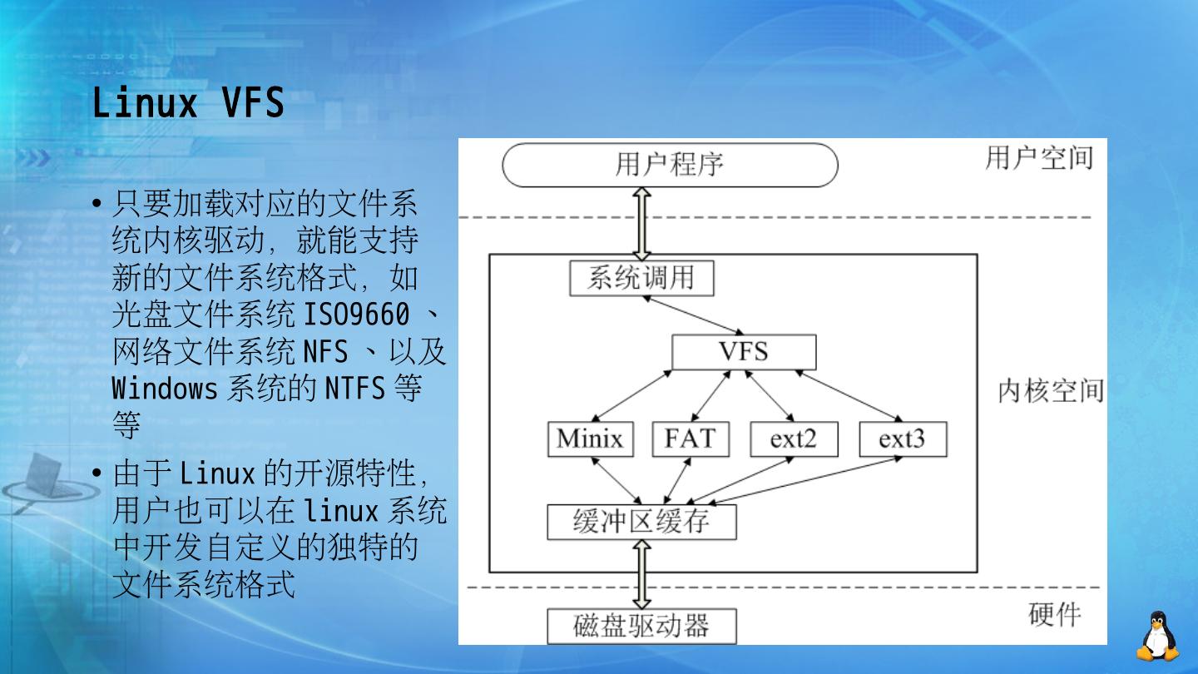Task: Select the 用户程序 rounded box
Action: click(670, 165)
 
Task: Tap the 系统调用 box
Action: click(641, 278)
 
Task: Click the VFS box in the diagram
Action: click(744, 352)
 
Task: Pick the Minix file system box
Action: click(590, 439)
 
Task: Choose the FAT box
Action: click(690, 439)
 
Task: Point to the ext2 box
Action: click(793, 439)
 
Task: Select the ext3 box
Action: click(902, 439)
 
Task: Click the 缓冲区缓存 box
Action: click(641, 522)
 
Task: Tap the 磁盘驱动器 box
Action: click(641, 626)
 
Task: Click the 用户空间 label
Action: click(1039, 157)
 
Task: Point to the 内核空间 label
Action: click(1051, 390)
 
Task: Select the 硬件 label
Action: click(1055, 615)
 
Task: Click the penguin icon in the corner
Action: click(1157, 637)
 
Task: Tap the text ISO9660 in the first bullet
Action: click(356, 315)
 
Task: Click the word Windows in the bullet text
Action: click(165, 389)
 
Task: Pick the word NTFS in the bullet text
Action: click(354, 389)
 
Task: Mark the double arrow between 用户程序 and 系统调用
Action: click(641, 223)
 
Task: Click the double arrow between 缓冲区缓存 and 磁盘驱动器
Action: click(641, 574)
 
